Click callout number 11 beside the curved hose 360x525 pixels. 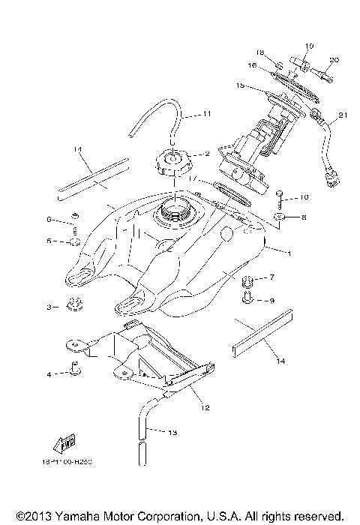(207, 115)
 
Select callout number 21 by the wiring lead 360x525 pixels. (343, 115)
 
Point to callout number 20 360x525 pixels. (334, 60)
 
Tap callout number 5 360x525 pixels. (50, 241)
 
